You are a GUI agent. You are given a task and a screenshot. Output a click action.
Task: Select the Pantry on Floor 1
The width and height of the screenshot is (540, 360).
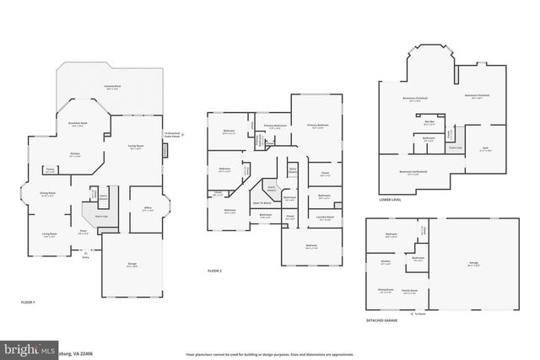(x=50, y=170)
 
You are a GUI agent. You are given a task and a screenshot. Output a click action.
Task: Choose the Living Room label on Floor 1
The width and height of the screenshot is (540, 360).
(x=50, y=234)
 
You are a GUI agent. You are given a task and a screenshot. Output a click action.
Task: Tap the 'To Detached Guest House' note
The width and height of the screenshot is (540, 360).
(x=175, y=134)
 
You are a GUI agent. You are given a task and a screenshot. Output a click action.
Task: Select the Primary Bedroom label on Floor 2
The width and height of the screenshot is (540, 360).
(x=317, y=124)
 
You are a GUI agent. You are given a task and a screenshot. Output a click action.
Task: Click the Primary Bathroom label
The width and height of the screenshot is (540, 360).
(x=276, y=126)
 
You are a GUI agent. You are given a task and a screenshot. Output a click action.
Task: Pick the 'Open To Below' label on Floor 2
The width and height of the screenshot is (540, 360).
(x=262, y=203)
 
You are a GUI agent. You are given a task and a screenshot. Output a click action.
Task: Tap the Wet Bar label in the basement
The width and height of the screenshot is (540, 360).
(x=429, y=121)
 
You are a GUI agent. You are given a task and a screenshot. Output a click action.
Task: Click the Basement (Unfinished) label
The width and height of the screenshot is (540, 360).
(x=413, y=171)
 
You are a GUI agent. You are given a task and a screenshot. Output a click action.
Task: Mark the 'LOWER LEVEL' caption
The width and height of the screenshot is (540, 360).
(x=390, y=201)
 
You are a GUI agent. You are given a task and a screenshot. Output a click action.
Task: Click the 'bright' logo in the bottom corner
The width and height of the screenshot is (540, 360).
(x=25, y=349)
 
